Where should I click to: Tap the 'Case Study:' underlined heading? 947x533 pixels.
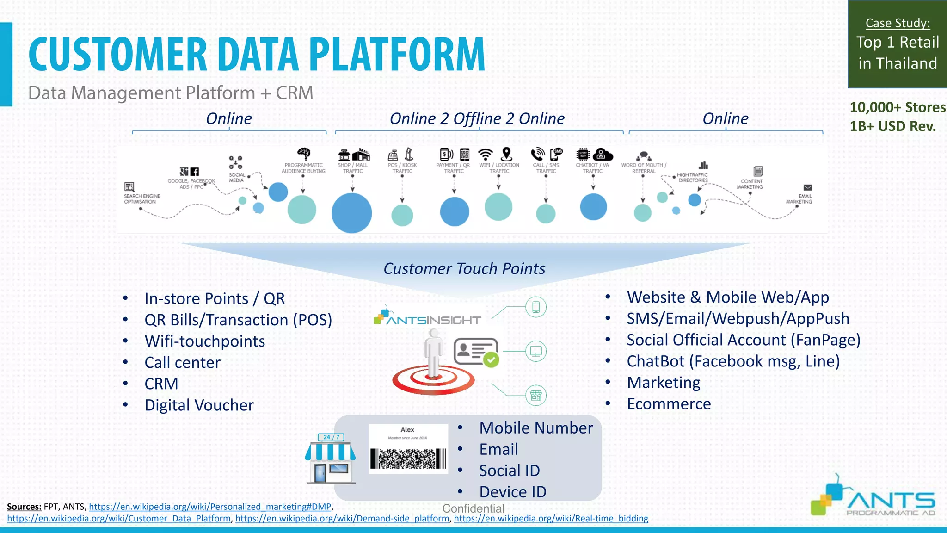(x=898, y=23)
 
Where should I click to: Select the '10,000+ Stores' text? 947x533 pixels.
(x=898, y=107)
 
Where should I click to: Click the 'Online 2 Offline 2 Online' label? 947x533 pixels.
(x=477, y=119)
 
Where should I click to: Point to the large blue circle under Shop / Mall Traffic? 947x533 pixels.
(x=351, y=213)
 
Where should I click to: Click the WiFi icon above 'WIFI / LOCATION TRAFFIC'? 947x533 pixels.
(x=486, y=154)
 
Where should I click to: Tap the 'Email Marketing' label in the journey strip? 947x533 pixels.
(x=799, y=199)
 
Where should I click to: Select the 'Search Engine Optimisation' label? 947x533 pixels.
(x=141, y=199)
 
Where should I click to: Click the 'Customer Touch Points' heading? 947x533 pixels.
(x=464, y=269)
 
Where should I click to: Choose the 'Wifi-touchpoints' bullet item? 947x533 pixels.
(x=204, y=341)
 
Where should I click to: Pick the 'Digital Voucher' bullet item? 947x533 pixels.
(x=199, y=405)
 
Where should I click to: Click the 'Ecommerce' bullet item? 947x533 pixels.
(x=669, y=404)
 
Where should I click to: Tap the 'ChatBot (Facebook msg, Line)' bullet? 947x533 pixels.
(x=733, y=361)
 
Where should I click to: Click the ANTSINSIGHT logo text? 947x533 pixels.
(x=433, y=320)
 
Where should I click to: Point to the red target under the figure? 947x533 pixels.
(x=433, y=381)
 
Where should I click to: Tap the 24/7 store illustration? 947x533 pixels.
(x=330, y=460)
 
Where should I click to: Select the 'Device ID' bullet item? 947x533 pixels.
(x=512, y=492)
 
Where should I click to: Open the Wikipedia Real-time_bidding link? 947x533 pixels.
(x=551, y=519)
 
